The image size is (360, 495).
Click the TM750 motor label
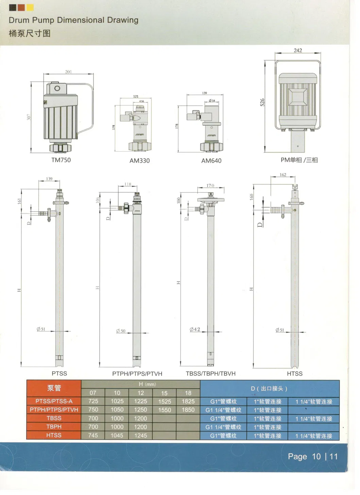[x=61, y=160]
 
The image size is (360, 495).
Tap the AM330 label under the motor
[x=139, y=161]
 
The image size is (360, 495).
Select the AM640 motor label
[x=211, y=161]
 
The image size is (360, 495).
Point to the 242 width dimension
[x=298, y=50]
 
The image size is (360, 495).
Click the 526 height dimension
[x=262, y=102]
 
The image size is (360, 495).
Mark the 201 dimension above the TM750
[x=68, y=72]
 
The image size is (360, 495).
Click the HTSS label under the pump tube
[x=294, y=374]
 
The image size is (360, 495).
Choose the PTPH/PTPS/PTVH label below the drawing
[x=137, y=374]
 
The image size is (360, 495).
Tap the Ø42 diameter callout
[x=195, y=329]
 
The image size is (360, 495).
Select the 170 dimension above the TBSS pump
[x=210, y=185]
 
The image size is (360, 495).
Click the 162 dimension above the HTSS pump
[x=283, y=175]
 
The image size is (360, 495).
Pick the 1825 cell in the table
[x=188, y=401]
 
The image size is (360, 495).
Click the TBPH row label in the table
[x=54, y=427]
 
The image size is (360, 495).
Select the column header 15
[x=164, y=393]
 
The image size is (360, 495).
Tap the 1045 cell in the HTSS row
[x=117, y=435]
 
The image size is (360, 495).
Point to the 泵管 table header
[x=54, y=388]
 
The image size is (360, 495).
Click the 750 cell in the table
[x=93, y=410]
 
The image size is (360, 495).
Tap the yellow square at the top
[x=30, y=7]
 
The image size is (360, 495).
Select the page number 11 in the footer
[x=333, y=456]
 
